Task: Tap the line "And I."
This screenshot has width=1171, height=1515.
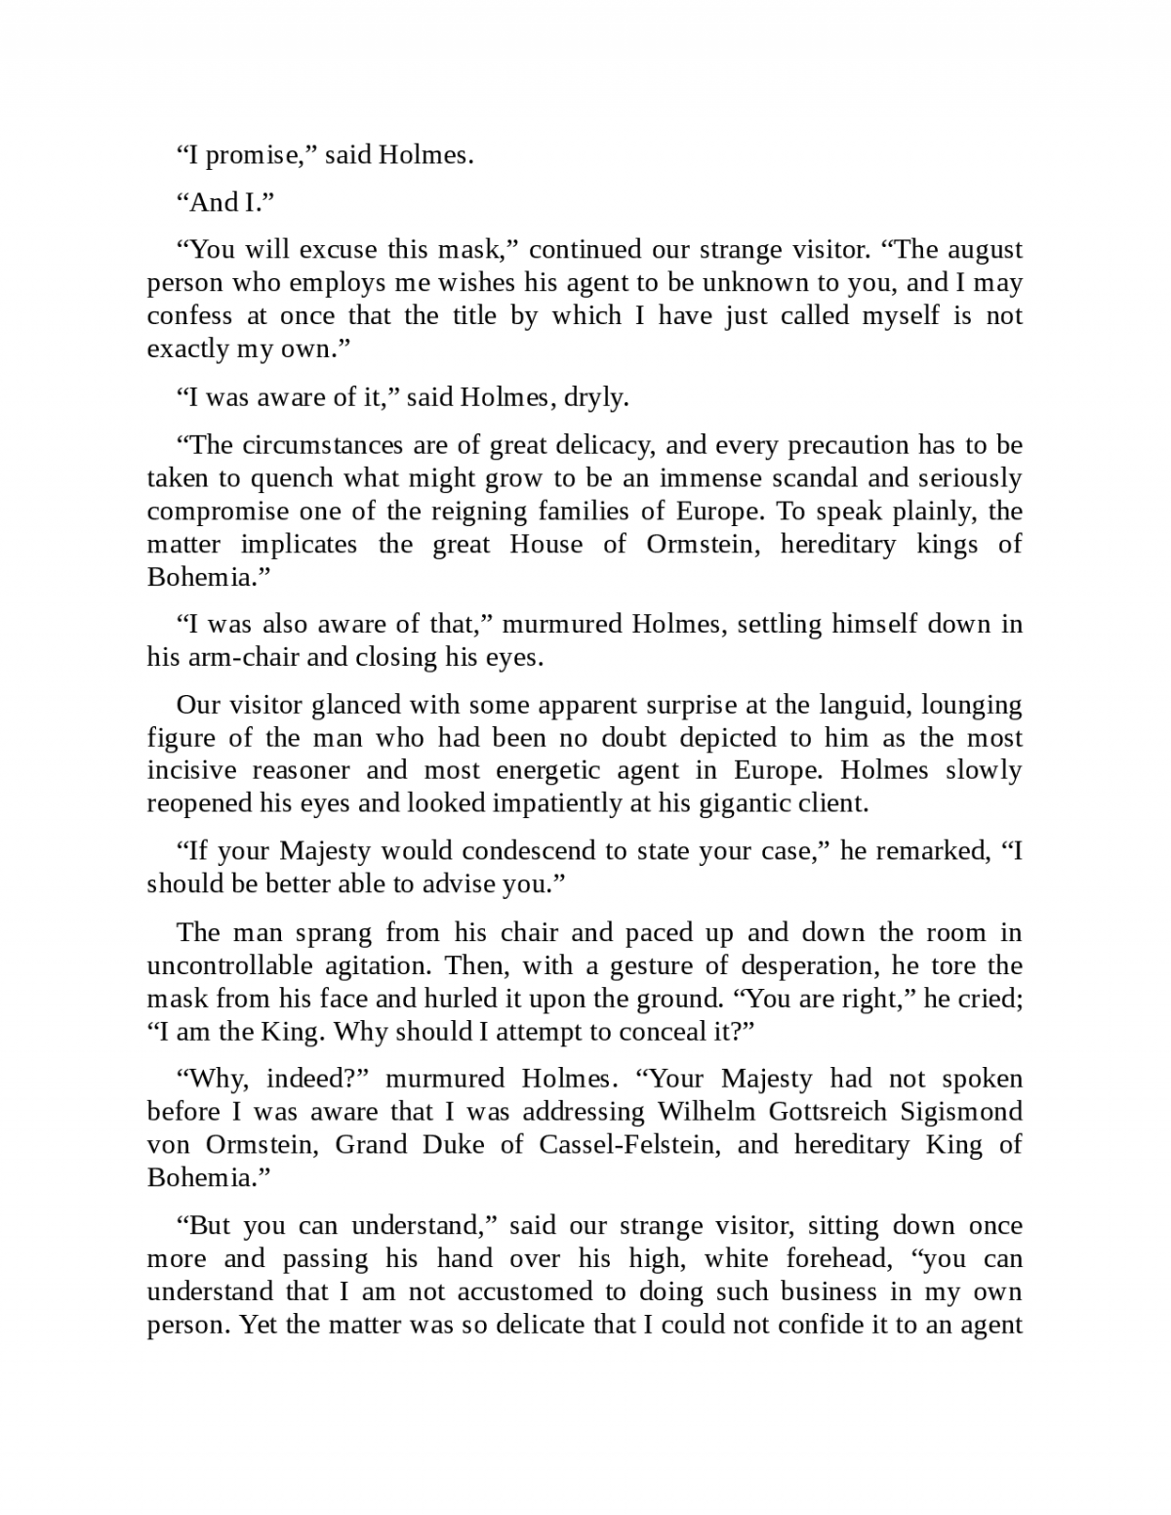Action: coord(224,202)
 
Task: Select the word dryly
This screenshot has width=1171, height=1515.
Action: coord(596,397)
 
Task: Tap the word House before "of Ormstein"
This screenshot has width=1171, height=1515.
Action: coord(545,544)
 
